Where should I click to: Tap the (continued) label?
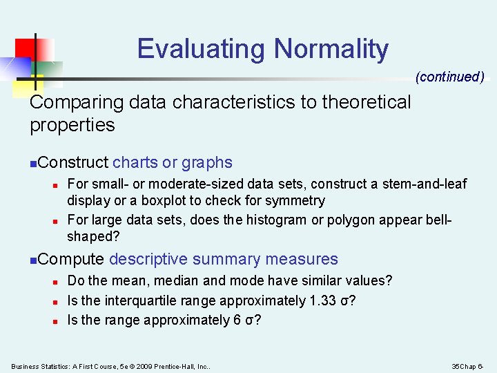point(449,77)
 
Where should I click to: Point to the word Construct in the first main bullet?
point(74,163)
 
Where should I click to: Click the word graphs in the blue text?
point(207,163)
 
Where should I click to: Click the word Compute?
point(72,260)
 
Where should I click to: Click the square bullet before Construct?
point(34,164)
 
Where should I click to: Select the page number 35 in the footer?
point(456,366)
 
